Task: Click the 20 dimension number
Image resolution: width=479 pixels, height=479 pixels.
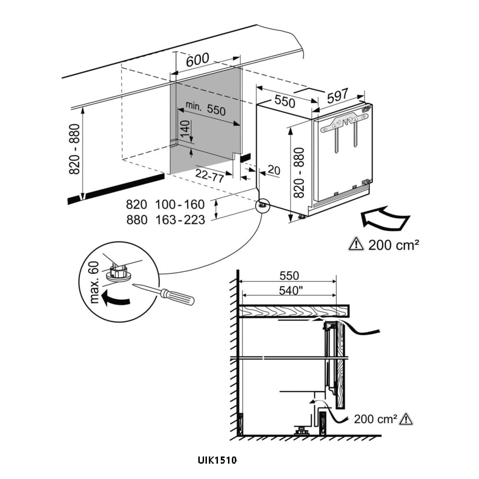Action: (274, 170)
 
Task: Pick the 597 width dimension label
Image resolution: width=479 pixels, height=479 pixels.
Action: (338, 95)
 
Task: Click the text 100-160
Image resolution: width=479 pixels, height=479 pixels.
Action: (180, 205)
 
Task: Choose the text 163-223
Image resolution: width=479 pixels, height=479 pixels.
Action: (180, 220)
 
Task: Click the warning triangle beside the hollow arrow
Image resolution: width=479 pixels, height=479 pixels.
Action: (356, 245)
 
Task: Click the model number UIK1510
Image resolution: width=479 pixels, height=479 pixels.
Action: (217, 461)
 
